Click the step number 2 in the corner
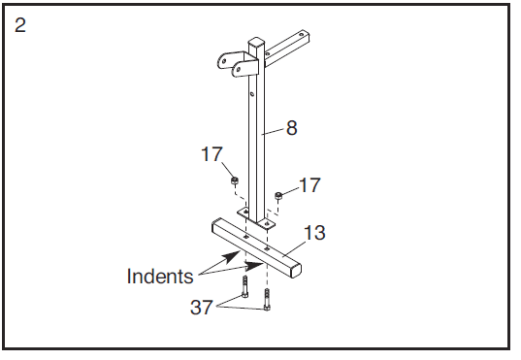click(20, 25)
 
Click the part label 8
click(291, 128)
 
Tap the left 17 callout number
click(212, 154)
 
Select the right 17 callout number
click(309, 185)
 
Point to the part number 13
click(314, 232)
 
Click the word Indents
click(160, 276)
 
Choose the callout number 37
click(202, 308)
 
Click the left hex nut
click(235, 180)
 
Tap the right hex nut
click(278, 195)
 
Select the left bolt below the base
click(245, 287)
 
